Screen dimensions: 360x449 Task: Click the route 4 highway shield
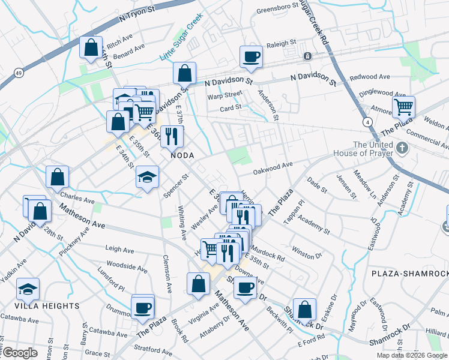pyautogui.click(x=366, y=122)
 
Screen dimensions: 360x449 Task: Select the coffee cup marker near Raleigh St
pyautogui.click(x=251, y=58)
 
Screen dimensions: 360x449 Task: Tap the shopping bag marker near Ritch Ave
pyautogui.click(x=91, y=48)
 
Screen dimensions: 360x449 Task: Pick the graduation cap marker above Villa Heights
pyautogui.click(x=28, y=290)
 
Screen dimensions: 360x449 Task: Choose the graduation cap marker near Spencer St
pyautogui.click(x=147, y=177)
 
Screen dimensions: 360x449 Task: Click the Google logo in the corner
pyautogui.click(x=20, y=353)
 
